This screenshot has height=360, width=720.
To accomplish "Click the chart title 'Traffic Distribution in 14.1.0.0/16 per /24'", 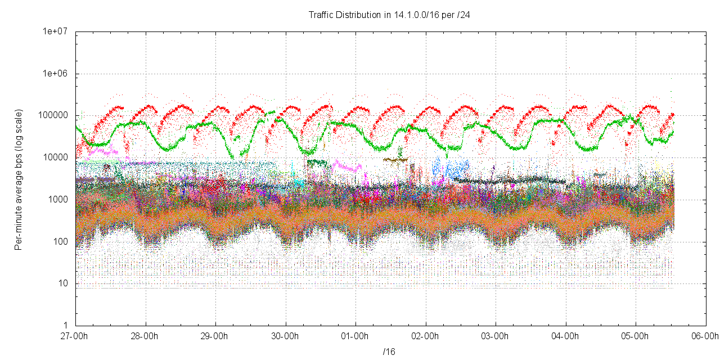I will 389,15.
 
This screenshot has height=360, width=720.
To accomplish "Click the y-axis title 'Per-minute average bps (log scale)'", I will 19,179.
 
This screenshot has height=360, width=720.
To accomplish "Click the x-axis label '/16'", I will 389,352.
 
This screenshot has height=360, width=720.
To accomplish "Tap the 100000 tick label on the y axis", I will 55,116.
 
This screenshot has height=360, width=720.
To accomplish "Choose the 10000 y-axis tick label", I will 57,157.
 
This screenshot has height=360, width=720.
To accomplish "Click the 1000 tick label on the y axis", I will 59,200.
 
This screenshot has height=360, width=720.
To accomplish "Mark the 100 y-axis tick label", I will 61,242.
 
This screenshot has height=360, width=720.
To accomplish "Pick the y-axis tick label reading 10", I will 64,283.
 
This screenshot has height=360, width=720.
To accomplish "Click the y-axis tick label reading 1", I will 66,326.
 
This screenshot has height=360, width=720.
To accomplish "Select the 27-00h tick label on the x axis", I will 76,336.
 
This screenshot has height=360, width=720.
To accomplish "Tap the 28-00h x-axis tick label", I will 146,336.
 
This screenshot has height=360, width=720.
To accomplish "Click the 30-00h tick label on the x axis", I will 286,336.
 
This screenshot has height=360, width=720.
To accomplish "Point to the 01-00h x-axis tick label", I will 355,336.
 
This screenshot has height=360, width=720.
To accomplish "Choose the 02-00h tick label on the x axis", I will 426,336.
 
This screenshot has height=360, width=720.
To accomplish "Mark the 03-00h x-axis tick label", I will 496,336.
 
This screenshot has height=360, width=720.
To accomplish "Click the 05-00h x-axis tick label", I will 636,336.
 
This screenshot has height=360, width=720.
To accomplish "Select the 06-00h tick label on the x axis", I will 705,336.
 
